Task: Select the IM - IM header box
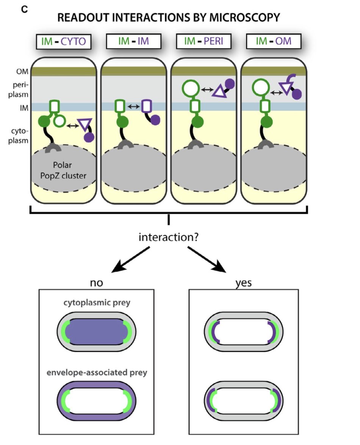coord(134,41)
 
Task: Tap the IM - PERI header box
coord(203,41)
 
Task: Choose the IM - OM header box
coord(273,41)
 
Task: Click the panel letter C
coord(25,9)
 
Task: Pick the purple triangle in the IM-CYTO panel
coord(85,124)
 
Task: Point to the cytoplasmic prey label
coord(96,303)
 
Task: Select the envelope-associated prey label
coord(97,373)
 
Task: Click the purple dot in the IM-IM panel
coord(155,120)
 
